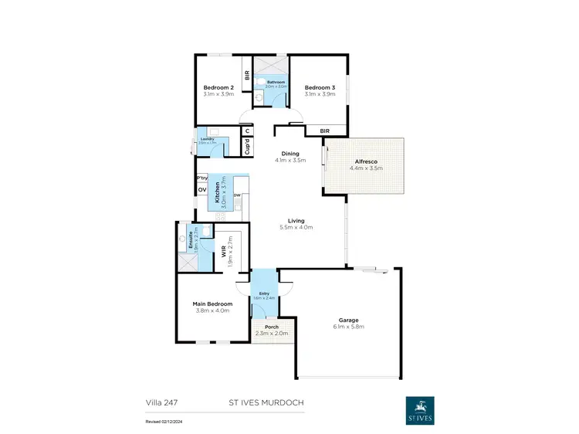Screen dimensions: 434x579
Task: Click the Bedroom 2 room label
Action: coord(218,87)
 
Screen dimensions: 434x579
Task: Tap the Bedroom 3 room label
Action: coord(319,87)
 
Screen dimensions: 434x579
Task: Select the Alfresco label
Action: coord(366,161)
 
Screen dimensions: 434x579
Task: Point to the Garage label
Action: coord(349,320)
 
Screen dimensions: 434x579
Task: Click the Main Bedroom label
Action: coord(212,304)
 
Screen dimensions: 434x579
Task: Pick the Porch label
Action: coord(271,327)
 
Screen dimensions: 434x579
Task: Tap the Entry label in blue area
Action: coord(264,293)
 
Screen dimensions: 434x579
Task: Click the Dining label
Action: coord(290,154)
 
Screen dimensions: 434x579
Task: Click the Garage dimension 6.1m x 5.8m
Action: coord(349,327)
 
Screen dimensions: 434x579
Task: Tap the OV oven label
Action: coord(202,190)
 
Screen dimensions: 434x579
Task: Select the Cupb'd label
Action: coord(247,147)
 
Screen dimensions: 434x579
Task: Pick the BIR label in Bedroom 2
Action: coord(247,76)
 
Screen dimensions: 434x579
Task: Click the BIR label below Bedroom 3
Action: coord(326,131)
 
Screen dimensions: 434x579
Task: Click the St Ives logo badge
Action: coord(420,410)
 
